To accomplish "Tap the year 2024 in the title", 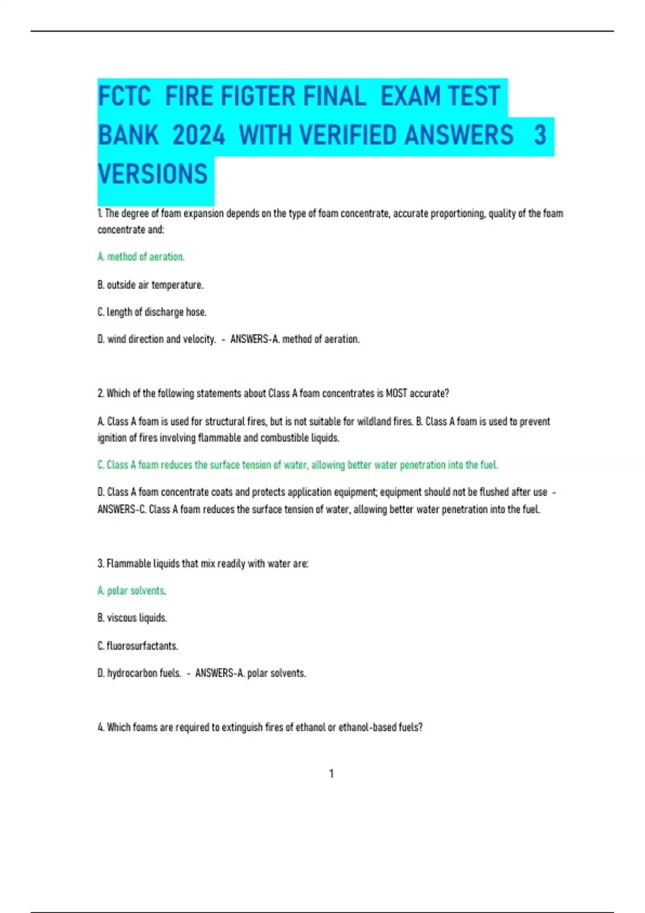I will point(199,135).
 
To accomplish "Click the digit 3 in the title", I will point(540,135).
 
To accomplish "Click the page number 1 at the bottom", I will point(331,774).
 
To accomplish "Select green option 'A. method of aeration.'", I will point(141,257).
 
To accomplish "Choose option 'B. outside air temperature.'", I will point(150,285).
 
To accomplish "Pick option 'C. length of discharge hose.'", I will point(152,312).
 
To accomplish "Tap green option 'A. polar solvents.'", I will point(132,591).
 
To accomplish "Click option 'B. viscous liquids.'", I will point(132,618).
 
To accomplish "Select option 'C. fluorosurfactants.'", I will point(138,646).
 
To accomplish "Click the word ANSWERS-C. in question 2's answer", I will point(121,509).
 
